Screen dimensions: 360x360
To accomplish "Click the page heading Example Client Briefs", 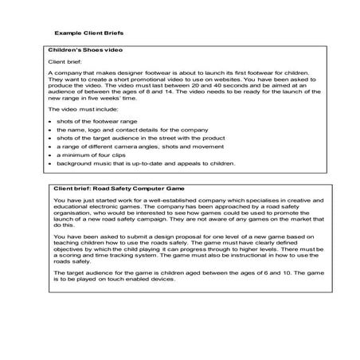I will [x=88, y=34].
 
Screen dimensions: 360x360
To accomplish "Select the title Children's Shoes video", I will [x=86, y=49].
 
